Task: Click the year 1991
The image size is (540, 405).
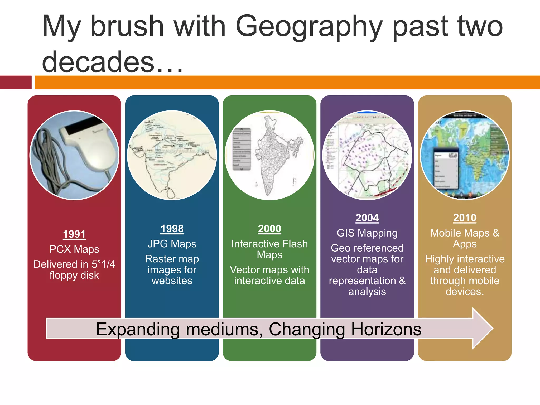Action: (x=74, y=234)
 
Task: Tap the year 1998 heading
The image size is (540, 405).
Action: (x=172, y=228)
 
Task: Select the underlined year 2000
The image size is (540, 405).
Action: (x=269, y=228)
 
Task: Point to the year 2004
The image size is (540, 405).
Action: (x=367, y=218)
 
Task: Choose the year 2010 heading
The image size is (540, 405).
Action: (x=465, y=218)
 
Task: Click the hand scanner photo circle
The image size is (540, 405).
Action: (x=74, y=155)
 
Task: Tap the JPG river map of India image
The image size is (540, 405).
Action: (x=172, y=155)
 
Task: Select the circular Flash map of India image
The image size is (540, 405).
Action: (x=269, y=155)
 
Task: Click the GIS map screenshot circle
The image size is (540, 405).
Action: (x=367, y=155)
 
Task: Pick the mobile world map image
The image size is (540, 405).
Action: (x=465, y=155)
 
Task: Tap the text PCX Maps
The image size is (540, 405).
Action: (x=74, y=249)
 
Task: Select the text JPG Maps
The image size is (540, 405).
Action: (x=172, y=244)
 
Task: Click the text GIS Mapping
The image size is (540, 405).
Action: (x=367, y=233)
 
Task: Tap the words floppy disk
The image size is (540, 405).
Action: (x=74, y=275)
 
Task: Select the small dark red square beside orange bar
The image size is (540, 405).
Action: (x=16, y=82)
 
